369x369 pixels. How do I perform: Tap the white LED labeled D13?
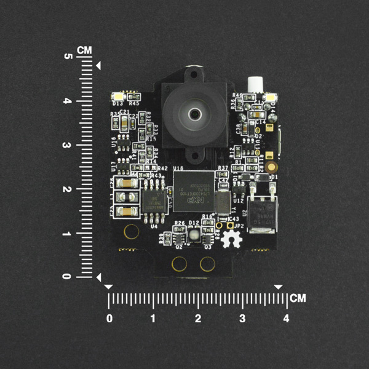point(117,97)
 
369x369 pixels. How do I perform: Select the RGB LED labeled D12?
point(193,232)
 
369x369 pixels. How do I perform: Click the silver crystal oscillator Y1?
point(222,200)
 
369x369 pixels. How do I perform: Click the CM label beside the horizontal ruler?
point(298,299)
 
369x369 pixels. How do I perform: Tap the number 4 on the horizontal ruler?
point(285,319)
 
